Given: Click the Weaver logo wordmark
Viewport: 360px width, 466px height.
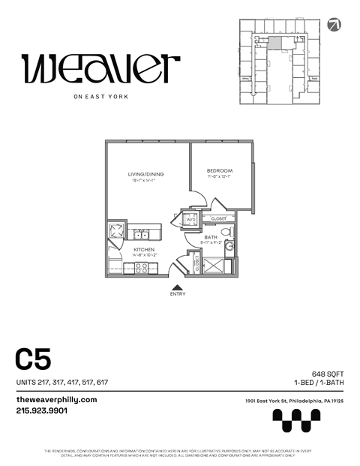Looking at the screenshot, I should (x=100, y=69).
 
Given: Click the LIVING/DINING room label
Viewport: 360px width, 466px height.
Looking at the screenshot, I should (x=145, y=174).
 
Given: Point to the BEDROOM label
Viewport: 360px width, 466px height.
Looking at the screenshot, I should (x=220, y=170).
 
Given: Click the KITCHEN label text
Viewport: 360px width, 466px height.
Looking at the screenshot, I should (x=144, y=248).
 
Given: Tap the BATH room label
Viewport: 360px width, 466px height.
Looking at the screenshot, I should (x=211, y=237).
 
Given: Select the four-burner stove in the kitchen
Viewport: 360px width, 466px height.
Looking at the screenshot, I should (x=139, y=269).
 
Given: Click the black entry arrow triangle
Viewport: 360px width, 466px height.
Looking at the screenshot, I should (x=177, y=287).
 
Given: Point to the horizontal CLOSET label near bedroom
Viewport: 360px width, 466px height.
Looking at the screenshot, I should (x=218, y=218).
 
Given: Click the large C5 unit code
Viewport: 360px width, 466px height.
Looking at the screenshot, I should (x=34, y=360).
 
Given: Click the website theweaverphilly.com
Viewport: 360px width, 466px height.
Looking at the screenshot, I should (x=57, y=399).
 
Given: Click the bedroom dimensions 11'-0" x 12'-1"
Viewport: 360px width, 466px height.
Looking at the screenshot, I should (x=220, y=177).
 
